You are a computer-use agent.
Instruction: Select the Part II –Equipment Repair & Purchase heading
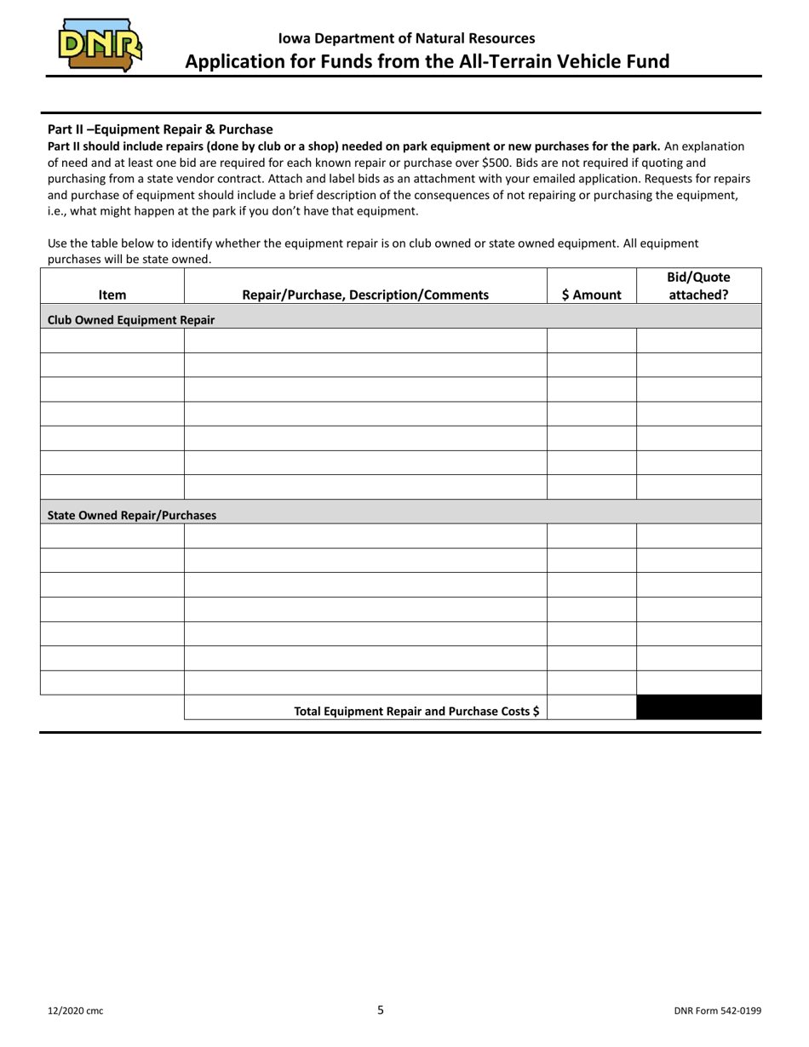[160, 129]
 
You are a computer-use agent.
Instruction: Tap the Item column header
[112, 295]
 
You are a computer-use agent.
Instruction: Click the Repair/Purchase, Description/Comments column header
[365, 295]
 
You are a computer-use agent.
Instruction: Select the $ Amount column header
[591, 295]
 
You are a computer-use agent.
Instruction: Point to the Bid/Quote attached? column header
[698, 286]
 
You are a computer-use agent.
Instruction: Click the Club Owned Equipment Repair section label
[131, 320]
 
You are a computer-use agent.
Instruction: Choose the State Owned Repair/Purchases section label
[132, 515]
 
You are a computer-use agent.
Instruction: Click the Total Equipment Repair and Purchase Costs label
[416, 710]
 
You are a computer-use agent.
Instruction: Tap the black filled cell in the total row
[698, 707]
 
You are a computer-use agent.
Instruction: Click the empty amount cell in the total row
[591, 707]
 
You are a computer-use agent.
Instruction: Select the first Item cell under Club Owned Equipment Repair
[112, 340]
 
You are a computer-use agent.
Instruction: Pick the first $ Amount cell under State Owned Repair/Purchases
[591, 536]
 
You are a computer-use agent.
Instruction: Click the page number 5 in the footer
[381, 1010]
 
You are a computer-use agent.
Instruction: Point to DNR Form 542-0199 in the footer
[717, 1011]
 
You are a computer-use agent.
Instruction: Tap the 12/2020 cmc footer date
[76, 1011]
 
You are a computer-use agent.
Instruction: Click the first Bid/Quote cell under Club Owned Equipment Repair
[698, 340]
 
